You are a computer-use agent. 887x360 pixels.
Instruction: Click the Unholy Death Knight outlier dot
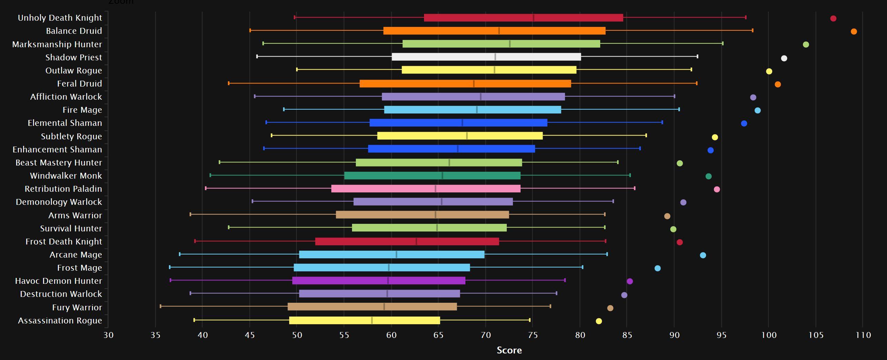[x=833, y=18]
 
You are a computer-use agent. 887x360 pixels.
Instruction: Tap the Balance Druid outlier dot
[x=854, y=31]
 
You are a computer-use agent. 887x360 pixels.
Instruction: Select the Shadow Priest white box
[x=486, y=57]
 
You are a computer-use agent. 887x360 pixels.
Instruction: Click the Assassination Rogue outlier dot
[x=598, y=321]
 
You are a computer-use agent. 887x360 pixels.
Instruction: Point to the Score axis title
[x=509, y=350]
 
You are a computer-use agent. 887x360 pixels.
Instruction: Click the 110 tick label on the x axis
[x=863, y=335]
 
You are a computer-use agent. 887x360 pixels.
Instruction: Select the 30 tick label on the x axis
[x=108, y=335]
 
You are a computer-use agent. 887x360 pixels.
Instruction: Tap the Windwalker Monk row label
[x=66, y=176]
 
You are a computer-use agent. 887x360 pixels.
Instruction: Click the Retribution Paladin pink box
[x=426, y=189]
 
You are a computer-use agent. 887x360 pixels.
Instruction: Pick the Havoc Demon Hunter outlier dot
[x=629, y=281]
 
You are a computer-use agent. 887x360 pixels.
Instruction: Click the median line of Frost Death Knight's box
[x=416, y=241]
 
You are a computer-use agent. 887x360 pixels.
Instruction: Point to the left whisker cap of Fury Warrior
[x=160, y=306]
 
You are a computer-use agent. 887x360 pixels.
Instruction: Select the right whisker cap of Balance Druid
[x=753, y=30]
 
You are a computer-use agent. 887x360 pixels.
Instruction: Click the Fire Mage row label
[x=82, y=110]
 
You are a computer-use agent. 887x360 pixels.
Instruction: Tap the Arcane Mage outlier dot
[x=703, y=255]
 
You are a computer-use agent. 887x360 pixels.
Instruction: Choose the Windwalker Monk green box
[x=432, y=176]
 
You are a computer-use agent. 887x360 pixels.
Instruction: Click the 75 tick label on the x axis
[x=533, y=335]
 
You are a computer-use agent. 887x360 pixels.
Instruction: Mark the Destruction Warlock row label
[x=61, y=294]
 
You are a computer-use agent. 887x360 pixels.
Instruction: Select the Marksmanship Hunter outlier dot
[x=806, y=44]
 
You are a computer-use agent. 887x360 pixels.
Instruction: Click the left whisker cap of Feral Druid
[x=229, y=83]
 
